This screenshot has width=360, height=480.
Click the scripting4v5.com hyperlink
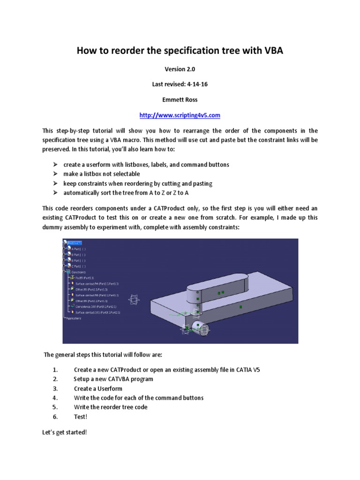180,115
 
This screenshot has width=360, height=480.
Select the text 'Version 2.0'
180,69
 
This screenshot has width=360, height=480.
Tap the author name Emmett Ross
180,100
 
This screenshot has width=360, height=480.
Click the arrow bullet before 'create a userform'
55,165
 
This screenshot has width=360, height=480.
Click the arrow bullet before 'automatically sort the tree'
55,193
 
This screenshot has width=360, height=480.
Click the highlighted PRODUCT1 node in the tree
75,243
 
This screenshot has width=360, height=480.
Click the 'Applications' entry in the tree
74,318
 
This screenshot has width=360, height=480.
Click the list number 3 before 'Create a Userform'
55,389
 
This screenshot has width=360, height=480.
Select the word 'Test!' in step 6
81,416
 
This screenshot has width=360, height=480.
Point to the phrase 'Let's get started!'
65,432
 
